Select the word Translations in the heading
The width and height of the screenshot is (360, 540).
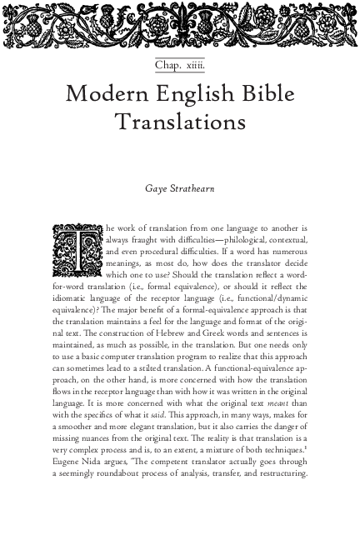point(180,122)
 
